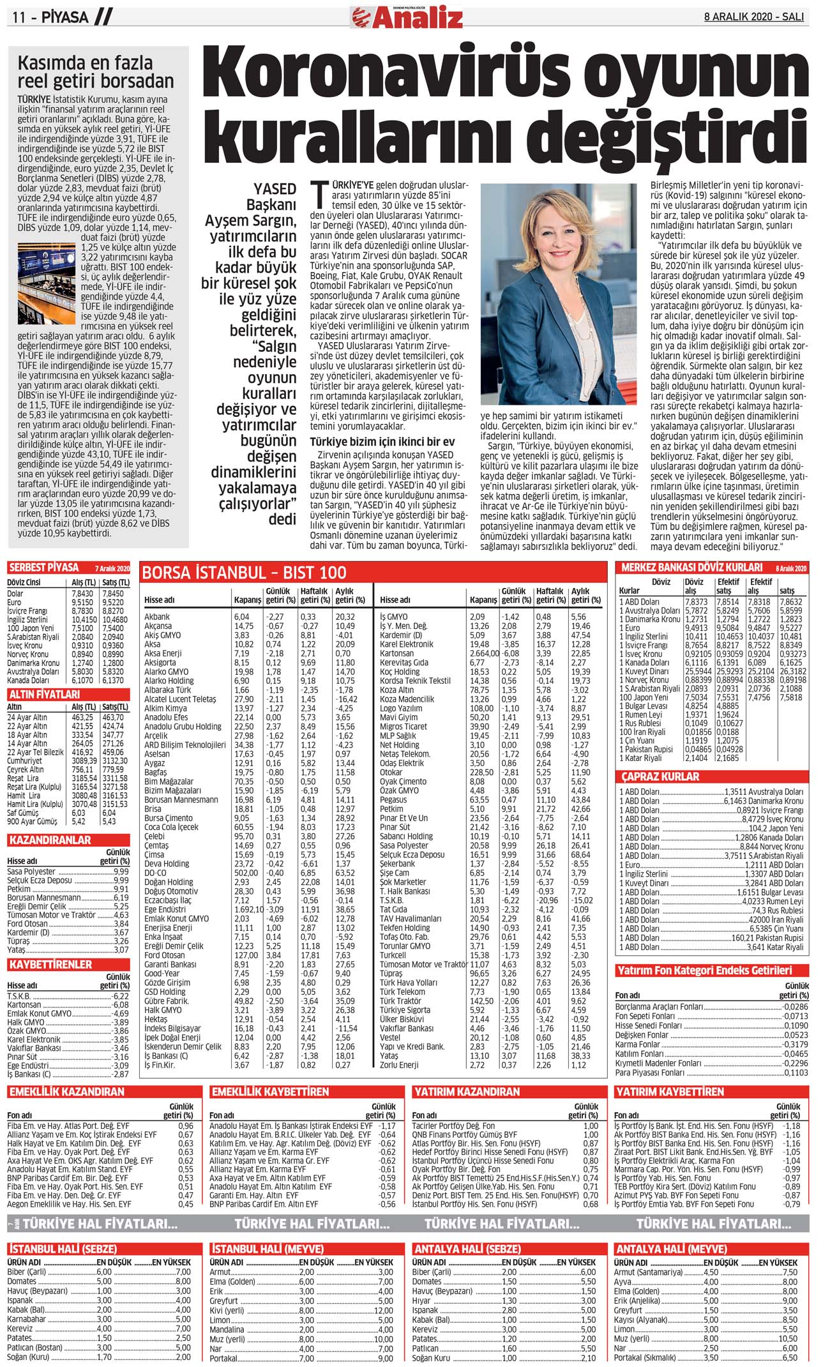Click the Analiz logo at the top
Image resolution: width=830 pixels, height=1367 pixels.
[x=407, y=17]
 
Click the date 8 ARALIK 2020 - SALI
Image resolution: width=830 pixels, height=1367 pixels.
[x=753, y=17]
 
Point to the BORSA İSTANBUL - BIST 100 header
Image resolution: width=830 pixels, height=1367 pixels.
[x=244, y=572]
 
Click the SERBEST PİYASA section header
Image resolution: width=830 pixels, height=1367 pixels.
[x=44, y=567]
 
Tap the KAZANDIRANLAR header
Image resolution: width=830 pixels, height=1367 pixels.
[x=50, y=840]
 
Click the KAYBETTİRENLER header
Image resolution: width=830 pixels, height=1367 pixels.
[x=50, y=964]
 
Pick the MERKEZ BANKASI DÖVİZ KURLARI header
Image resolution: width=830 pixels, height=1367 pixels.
[x=691, y=567]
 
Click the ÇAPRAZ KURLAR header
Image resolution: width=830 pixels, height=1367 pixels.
[x=661, y=776]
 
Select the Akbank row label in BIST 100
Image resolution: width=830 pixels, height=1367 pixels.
[x=157, y=617]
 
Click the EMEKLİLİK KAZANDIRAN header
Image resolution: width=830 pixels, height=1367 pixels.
[x=66, y=1092]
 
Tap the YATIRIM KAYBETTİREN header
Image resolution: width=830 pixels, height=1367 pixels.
[x=669, y=1092]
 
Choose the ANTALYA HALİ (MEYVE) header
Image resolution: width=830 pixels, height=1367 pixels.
[x=670, y=1249]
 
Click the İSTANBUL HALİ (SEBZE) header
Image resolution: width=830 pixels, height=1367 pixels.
[x=63, y=1249]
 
